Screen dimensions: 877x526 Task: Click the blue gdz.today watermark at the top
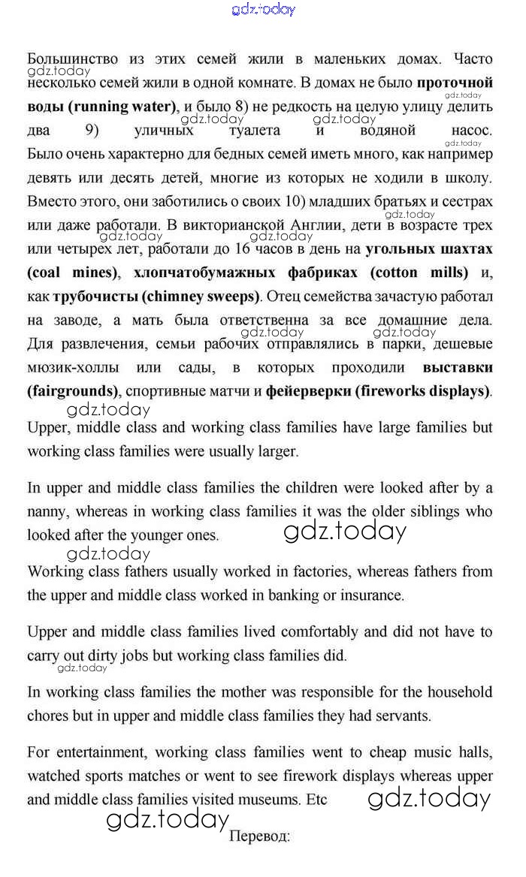tap(263, 9)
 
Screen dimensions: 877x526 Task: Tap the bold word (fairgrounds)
tap(73, 391)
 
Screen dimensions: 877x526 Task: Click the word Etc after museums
tap(316, 800)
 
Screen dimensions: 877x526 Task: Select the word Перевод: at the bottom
tap(259, 836)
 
